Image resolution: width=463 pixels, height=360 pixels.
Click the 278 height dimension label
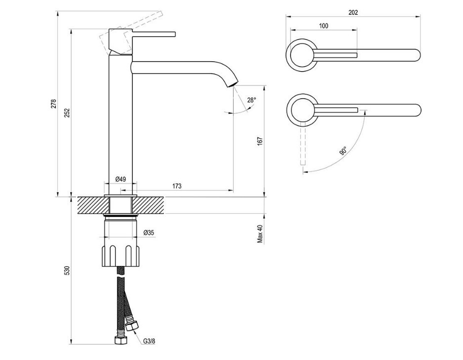(x=54, y=104)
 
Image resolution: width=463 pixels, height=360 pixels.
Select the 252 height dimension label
(x=67, y=113)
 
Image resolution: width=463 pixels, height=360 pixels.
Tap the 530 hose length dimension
(x=67, y=271)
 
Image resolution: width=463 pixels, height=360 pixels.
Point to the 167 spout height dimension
(x=259, y=141)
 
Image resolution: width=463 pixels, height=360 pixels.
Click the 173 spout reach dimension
(x=177, y=186)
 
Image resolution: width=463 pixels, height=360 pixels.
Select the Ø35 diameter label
(x=148, y=233)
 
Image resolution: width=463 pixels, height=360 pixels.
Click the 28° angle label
(x=252, y=100)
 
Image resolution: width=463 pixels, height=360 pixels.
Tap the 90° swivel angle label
(x=343, y=151)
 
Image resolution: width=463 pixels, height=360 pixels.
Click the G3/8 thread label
(x=149, y=341)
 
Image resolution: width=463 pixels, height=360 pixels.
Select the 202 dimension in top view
(x=353, y=13)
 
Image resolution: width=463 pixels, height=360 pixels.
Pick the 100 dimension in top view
(x=323, y=26)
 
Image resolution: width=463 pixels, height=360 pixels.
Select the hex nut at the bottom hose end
(x=119, y=340)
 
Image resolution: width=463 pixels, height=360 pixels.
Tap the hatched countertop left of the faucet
(x=92, y=205)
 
